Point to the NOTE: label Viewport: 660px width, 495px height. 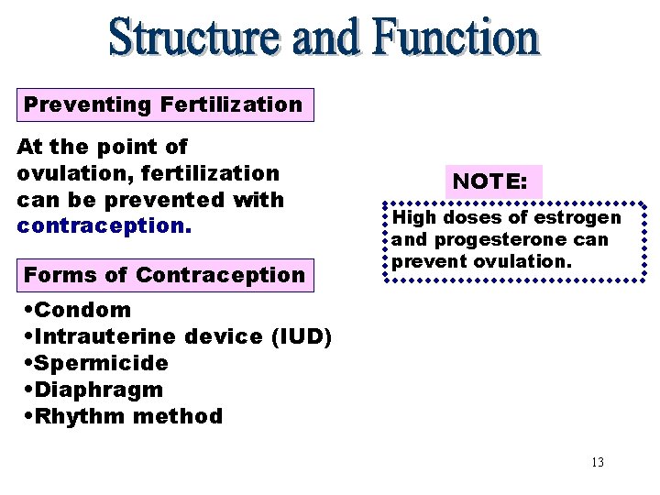pos(490,181)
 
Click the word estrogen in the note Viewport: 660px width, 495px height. pos(577,218)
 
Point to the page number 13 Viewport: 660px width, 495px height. pos(598,462)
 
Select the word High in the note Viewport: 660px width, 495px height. pos(412,218)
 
